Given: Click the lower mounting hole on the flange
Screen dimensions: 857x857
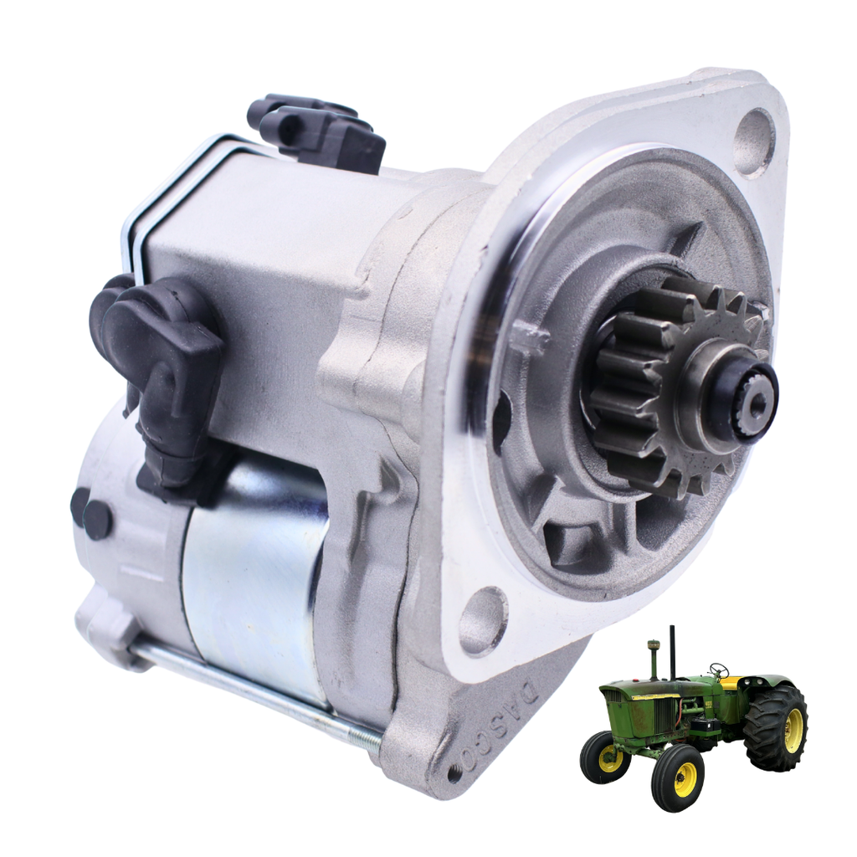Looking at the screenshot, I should pos(483,620).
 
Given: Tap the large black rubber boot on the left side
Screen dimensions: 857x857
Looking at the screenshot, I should pos(159,352).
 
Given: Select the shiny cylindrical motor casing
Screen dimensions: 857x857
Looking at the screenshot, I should pos(251,577).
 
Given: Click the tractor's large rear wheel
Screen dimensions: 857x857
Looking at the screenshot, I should pos(776,728).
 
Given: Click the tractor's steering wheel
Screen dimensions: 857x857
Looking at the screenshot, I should pos(718,670).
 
